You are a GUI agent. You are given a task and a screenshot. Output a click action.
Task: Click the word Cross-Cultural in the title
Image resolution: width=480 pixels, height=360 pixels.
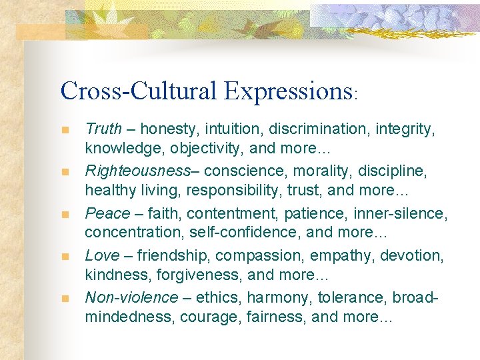(x=138, y=91)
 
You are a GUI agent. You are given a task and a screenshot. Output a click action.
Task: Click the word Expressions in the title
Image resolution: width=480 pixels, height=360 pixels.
(x=287, y=91)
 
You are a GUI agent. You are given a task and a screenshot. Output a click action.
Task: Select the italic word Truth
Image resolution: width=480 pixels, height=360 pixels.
(x=103, y=129)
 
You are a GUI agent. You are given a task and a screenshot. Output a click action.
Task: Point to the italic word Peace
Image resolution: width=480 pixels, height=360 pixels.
(x=107, y=213)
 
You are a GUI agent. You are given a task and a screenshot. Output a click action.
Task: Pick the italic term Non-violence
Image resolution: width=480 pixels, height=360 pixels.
(x=131, y=297)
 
